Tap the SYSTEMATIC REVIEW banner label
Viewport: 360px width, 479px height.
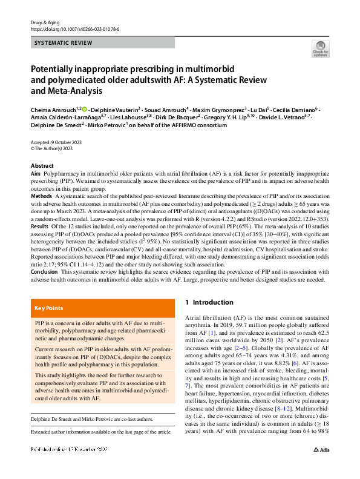[64, 43]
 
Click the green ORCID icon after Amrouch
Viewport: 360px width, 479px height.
[85, 108]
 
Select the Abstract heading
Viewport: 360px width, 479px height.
[42, 166]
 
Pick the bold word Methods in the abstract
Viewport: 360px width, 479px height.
[42, 196]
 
